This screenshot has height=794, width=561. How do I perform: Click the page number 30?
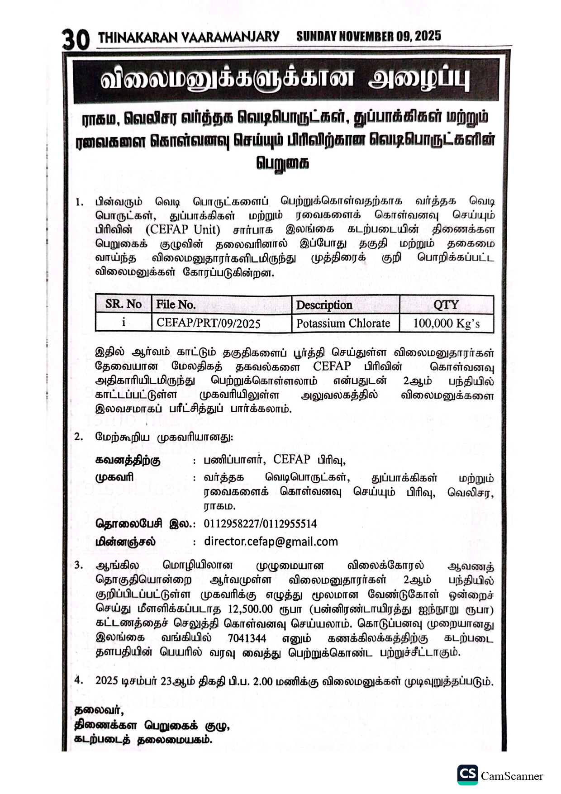coord(76,40)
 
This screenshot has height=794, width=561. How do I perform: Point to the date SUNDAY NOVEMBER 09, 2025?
coord(368,36)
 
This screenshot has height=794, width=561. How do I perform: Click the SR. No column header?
coord(123,304)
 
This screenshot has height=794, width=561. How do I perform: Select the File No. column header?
coord(176,305)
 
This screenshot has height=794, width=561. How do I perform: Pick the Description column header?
coord(324,305)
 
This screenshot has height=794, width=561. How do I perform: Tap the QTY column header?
coord(446,305)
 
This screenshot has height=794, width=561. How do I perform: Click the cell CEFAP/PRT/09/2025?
coord(208,323)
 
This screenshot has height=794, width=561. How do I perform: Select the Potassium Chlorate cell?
coord(343,323)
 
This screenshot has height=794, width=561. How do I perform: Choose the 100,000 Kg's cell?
coord(447,323)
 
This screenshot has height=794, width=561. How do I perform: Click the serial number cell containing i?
coord(123,323)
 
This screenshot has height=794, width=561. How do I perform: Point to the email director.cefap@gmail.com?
coord(271,542)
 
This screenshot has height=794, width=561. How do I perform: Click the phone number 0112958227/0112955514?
coord(260,524)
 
